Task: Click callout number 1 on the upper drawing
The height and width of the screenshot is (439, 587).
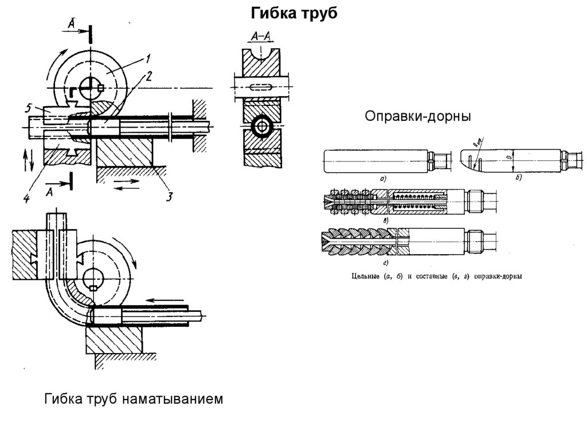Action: click(x=147, y=58)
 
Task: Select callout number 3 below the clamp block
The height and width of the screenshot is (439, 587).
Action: click(x=169, y=197)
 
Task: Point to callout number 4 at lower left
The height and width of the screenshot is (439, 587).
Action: click(x=26, y=198)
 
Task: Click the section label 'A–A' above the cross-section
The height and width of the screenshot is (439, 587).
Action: click(x=262, y=37)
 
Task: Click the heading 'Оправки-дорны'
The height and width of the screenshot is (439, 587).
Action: click(x=418, y=117)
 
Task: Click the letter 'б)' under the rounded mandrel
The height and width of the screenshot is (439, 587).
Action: click(x=517, y=179)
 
